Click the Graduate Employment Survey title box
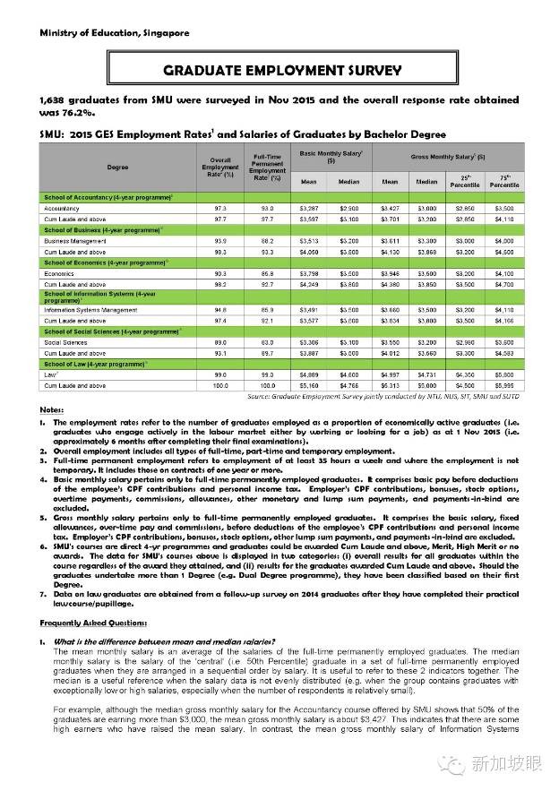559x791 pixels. tap(281, 69)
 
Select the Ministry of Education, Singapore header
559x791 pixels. tap(114, 32)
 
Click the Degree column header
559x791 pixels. tap(117, 168)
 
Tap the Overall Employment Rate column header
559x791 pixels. tap(219, 168)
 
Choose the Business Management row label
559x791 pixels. tap(75, 241)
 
